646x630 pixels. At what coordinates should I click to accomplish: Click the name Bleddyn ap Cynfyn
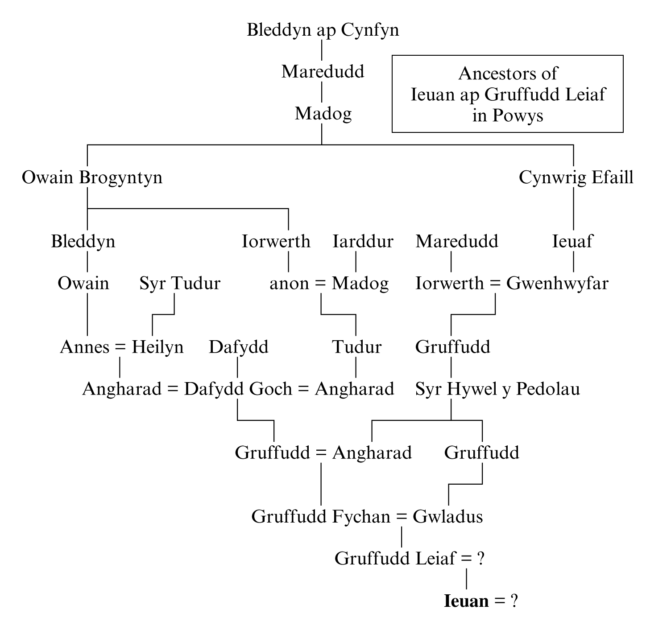(323, 30)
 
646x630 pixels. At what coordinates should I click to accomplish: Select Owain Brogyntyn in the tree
(92, 178)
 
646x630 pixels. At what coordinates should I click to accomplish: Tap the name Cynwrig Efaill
(576, 178)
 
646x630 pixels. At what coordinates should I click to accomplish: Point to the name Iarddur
(363, 242)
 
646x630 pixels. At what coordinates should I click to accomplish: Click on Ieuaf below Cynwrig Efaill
(572, 242)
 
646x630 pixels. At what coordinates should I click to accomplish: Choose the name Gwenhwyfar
(557, 284)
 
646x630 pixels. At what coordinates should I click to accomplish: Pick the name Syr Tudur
(180, 284)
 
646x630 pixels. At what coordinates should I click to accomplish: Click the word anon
(289, 284)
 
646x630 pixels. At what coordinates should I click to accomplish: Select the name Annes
(84, 347)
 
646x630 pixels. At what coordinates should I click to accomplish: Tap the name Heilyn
(157, 347)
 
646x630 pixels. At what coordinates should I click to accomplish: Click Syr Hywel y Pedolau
(497, 389)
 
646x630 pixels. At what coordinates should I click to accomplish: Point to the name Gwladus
(447, 517)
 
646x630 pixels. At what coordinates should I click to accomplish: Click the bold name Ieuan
(466, 601)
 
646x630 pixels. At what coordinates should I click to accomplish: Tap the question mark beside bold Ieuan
(513, 601)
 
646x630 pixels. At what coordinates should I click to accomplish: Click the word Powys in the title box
(518, 115)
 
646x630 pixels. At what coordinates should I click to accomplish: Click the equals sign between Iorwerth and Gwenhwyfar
(495, 284)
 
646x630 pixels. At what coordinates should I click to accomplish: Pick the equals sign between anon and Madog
(320, 284)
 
